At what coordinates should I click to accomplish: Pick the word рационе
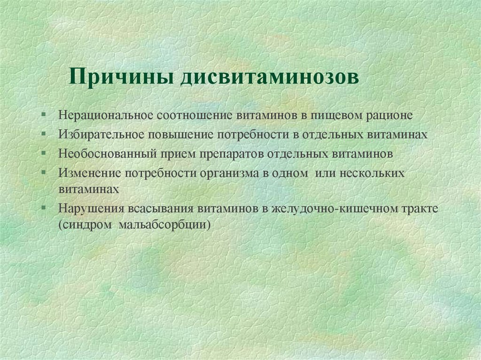[391, 115]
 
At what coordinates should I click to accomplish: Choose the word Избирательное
[101, 134]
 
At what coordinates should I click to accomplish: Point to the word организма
[228, 173]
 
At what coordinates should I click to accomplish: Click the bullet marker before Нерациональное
[43, 115]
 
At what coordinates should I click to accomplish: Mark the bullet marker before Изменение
[43, 172]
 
